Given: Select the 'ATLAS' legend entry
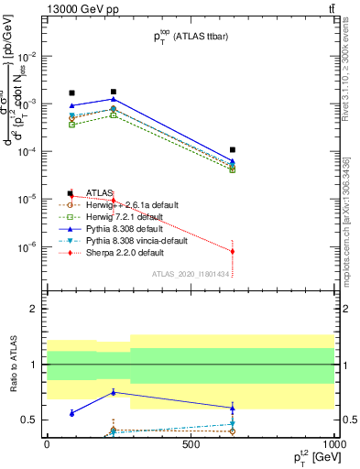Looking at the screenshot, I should (99, 193).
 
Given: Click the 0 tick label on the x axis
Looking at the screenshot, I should (47, 445).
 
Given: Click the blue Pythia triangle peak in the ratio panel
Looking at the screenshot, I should (113, 392).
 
